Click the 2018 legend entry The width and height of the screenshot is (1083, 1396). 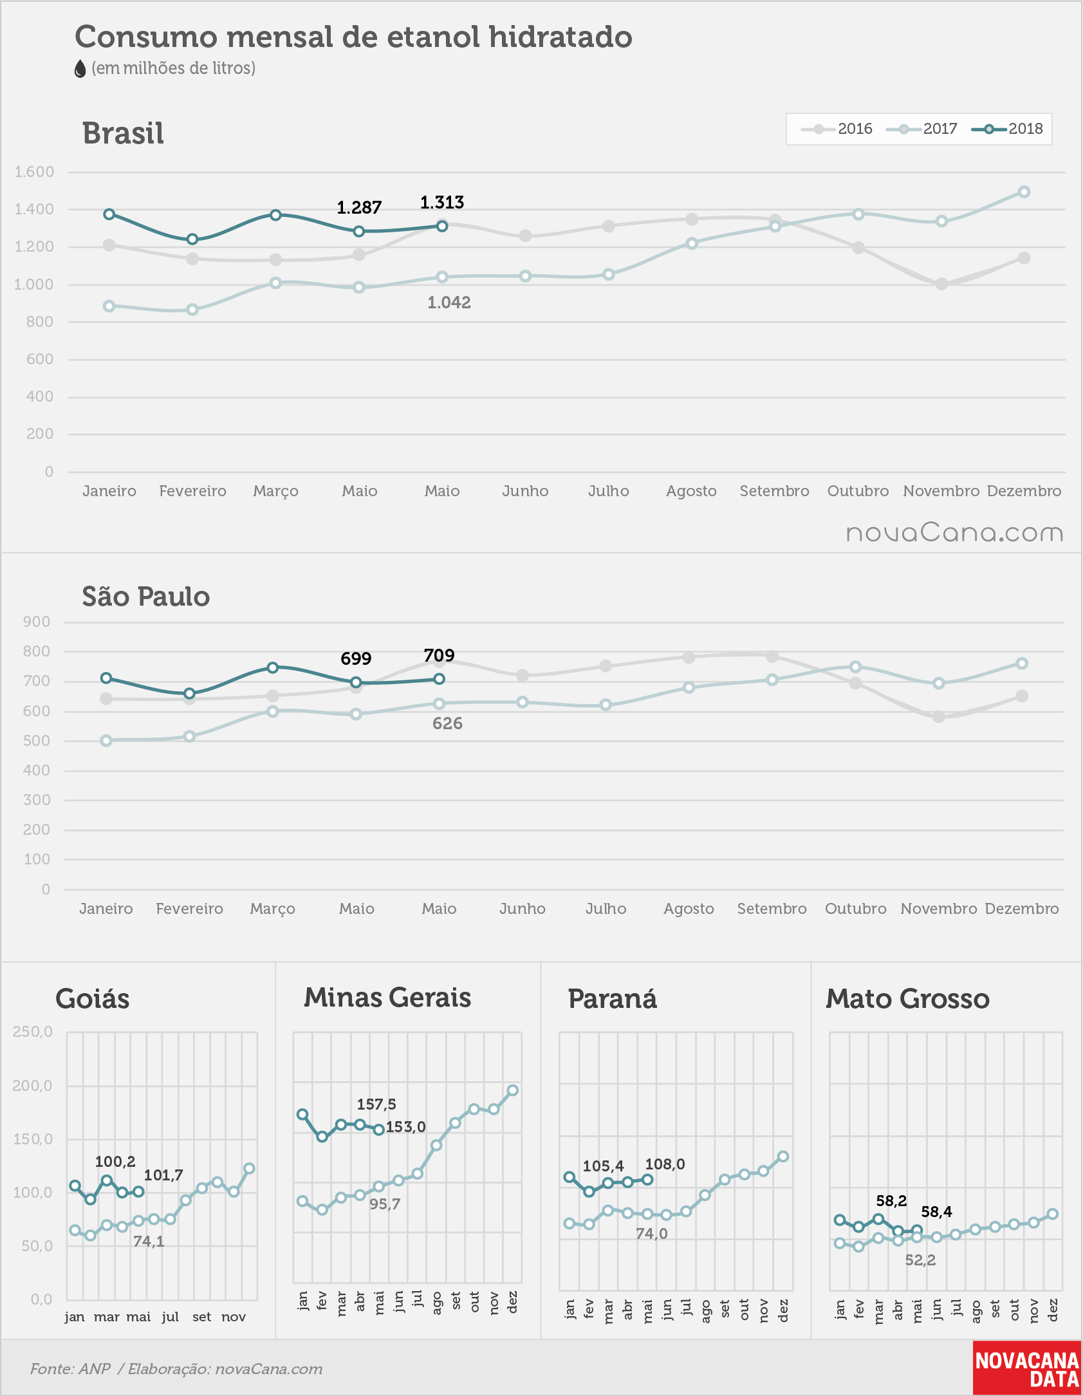[1008, 129]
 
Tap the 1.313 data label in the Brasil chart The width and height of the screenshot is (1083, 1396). [442, 203]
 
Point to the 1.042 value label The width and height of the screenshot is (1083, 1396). [449, 302]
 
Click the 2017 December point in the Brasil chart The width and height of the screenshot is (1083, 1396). [1024, 192]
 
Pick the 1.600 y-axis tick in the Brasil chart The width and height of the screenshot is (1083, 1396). [34, 172]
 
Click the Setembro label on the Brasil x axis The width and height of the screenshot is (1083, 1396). [774, 491]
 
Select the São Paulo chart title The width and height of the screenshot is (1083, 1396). [146, 596]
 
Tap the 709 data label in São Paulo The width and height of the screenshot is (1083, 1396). [439, 655]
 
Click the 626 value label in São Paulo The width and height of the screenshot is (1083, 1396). [447, 723]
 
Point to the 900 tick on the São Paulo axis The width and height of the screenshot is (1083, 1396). [37, 622]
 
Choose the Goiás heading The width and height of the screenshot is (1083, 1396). [93, 999]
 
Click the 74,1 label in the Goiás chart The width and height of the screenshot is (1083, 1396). [149, 1242]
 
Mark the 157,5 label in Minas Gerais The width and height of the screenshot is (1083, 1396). [376, 1104]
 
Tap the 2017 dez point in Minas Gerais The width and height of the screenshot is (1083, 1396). [513, 1090]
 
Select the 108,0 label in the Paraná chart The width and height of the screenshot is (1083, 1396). [665, 1164]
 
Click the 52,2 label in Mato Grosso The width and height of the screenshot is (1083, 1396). [920, 1260]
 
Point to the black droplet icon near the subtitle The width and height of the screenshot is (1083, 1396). [80, 69]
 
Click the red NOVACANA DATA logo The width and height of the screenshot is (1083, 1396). [1027, 1368]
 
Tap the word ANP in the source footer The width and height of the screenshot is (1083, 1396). [95, 1369]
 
